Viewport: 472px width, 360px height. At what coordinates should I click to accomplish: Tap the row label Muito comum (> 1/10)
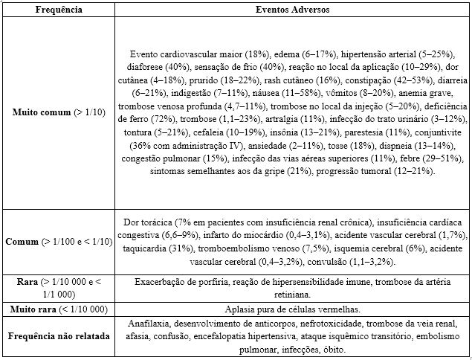(x=59, y=113)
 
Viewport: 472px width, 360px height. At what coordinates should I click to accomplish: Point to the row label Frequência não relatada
(x=59, y=336)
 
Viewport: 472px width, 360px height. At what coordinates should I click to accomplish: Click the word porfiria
(x=209, y=283)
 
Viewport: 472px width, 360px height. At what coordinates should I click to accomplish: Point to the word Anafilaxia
(x=149, y=325)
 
